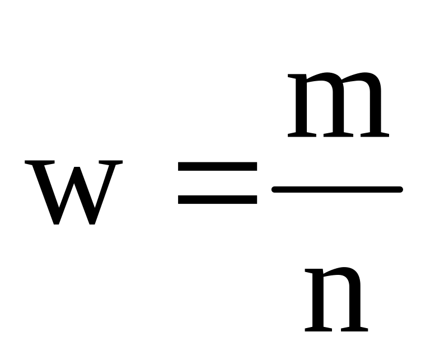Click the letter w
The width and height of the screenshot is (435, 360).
[73, 192]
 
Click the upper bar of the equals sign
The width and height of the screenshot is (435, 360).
[217, 167]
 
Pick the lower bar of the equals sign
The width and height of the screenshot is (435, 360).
[217, 198]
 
